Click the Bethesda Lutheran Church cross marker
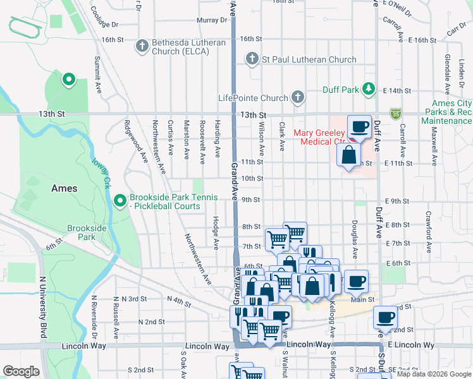(x=142, y=45)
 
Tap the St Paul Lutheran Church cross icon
(x=252, y=59)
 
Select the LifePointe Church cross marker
(x=297, y=98)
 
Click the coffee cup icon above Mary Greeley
(x=359, y=126)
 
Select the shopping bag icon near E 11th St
(x=348, y=154)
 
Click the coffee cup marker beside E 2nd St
(x=385, y=318)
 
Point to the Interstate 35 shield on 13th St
(x=396, y=114)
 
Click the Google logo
(x=21, y=371)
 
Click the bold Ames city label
(x=64, y=188)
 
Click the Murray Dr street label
(x=211, y=20)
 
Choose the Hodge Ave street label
(x=216, y=232)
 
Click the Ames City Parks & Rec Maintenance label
(x=451, y=112)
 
